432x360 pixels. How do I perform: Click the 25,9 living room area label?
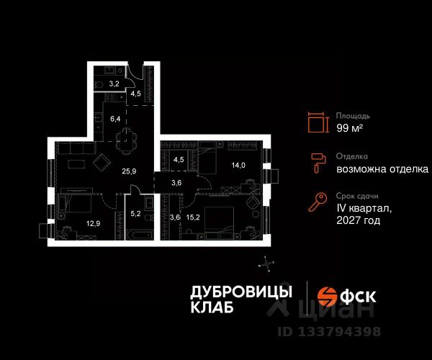(x=129, y=171)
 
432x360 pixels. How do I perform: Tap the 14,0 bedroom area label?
(x=238, y=166)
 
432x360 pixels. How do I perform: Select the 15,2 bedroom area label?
(x=193, y=217)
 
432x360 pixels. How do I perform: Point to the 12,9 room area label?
(x=93, y=223)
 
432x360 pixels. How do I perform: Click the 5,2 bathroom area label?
(x=135, y=213)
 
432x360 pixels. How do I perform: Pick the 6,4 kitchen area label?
(x=115, y=119)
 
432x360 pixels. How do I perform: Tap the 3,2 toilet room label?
(x=114, y=84)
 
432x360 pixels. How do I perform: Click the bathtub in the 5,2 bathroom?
(x=139, y=235)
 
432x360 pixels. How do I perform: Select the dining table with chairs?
(x=126, y=140)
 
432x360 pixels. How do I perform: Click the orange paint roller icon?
(x=318, y=163)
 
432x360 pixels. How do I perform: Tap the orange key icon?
(x=318, y=202)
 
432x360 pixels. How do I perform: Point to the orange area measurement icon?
(x=318, y=122)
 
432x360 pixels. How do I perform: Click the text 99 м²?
(x=349, y=128)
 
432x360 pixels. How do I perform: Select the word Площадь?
(x=353, y=116)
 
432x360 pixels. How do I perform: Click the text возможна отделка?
(x=382, y=169)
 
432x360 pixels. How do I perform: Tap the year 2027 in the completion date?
(x=347, y=220)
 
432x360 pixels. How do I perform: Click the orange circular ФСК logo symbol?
(x=327, y=297)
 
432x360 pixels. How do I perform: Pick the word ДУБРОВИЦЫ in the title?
(x=241, y=292)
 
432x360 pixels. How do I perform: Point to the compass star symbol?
(x=266, y=264)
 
